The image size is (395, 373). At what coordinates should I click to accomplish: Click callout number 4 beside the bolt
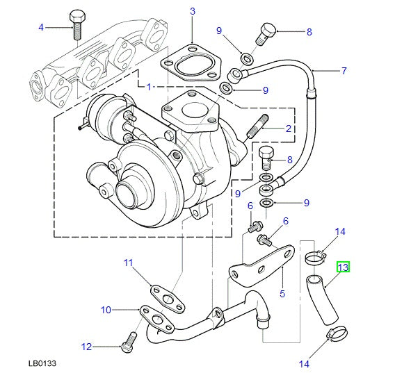tap(40, 27)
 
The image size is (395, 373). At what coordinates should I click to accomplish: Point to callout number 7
tap(343, 71)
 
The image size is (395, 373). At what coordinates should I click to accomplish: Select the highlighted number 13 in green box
tap(343, 267)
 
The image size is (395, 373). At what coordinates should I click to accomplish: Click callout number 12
tap(86, 346)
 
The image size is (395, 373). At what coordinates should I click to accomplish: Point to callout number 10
tap(105, 309)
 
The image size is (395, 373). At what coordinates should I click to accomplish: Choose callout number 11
tap(128, 262)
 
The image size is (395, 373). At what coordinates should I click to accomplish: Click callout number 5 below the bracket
tap(282, 293)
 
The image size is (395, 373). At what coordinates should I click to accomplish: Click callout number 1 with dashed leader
tap(149, 86)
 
